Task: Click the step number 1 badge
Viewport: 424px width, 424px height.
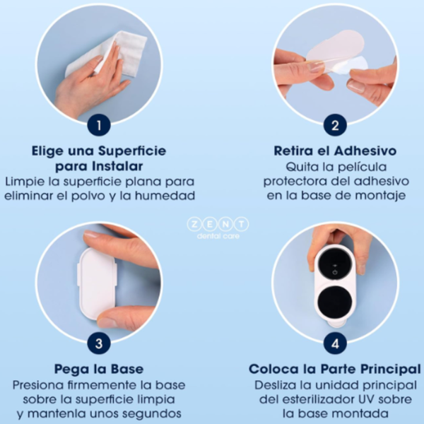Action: coord(99,126)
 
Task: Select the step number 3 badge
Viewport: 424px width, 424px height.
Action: coord(99,345)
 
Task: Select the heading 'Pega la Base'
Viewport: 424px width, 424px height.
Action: coord(99,370)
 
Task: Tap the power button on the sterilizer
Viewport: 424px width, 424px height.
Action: coord(334,269)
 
